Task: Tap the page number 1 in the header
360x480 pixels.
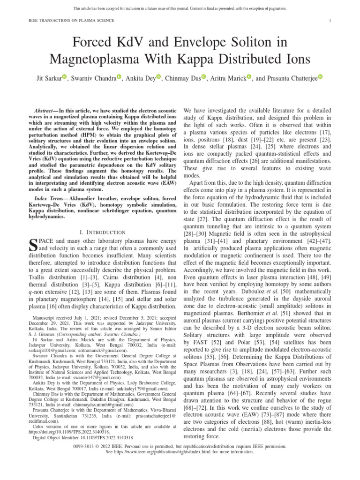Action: pyautogui.click(x=330, y=20)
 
